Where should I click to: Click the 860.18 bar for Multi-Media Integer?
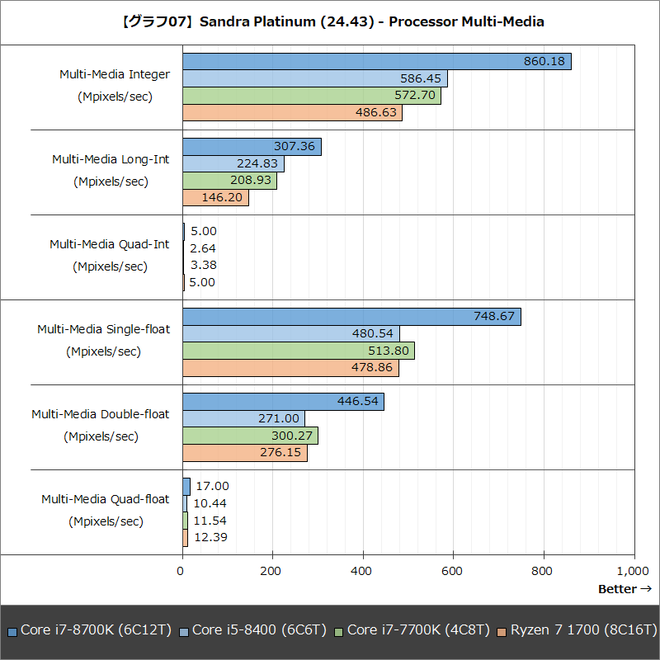point(376,62)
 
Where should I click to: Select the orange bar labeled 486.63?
point(291,113)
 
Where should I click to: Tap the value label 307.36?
point(294,146)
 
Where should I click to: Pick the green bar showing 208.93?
point(229,181)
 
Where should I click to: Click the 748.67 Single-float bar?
point(351,317)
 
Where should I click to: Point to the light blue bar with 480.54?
point(290,333)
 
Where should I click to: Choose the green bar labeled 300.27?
point(249,436)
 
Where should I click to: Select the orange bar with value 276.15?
point(244,453)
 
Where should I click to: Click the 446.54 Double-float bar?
point(282,402)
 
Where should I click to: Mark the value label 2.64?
point(203,248)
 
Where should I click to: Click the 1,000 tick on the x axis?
point(632,571)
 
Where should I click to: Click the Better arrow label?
point(625,589)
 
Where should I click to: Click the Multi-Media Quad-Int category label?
point(109,244)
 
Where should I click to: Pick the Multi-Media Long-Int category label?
point(110,159)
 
